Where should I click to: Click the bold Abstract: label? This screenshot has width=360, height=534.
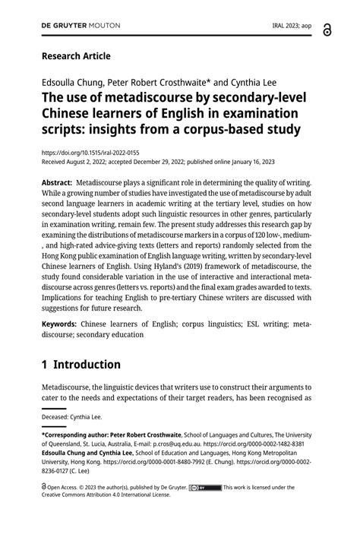pyautogui.click(x=57, y=183)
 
